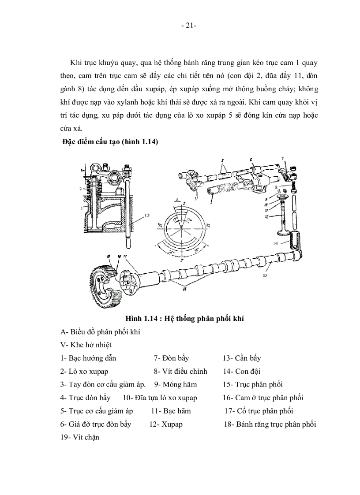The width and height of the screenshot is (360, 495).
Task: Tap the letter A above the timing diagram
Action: click(x=176, y=199)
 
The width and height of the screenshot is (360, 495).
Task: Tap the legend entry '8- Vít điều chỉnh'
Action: click(x=180, y=371)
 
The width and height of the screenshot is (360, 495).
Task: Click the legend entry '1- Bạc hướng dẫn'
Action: click(x=88, y=358)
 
